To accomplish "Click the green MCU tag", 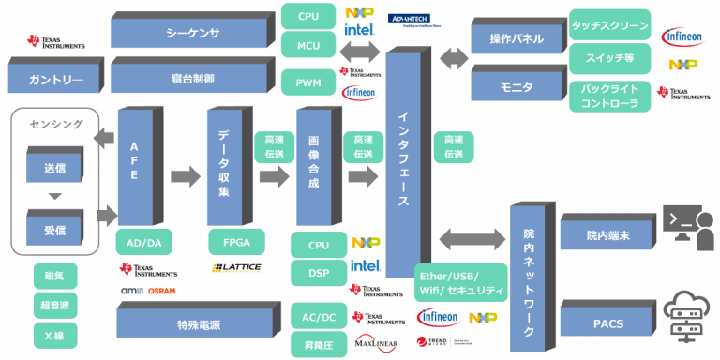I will coord(307,44).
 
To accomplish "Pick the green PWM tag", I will coord(307,82).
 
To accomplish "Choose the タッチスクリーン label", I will coord(609,25).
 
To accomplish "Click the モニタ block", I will coord(515,86).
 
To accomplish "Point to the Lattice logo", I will coord(236,268).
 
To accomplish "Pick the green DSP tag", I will coord(317,272).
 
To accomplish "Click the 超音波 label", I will coord(54,306).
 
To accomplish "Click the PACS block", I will coord(606,323).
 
